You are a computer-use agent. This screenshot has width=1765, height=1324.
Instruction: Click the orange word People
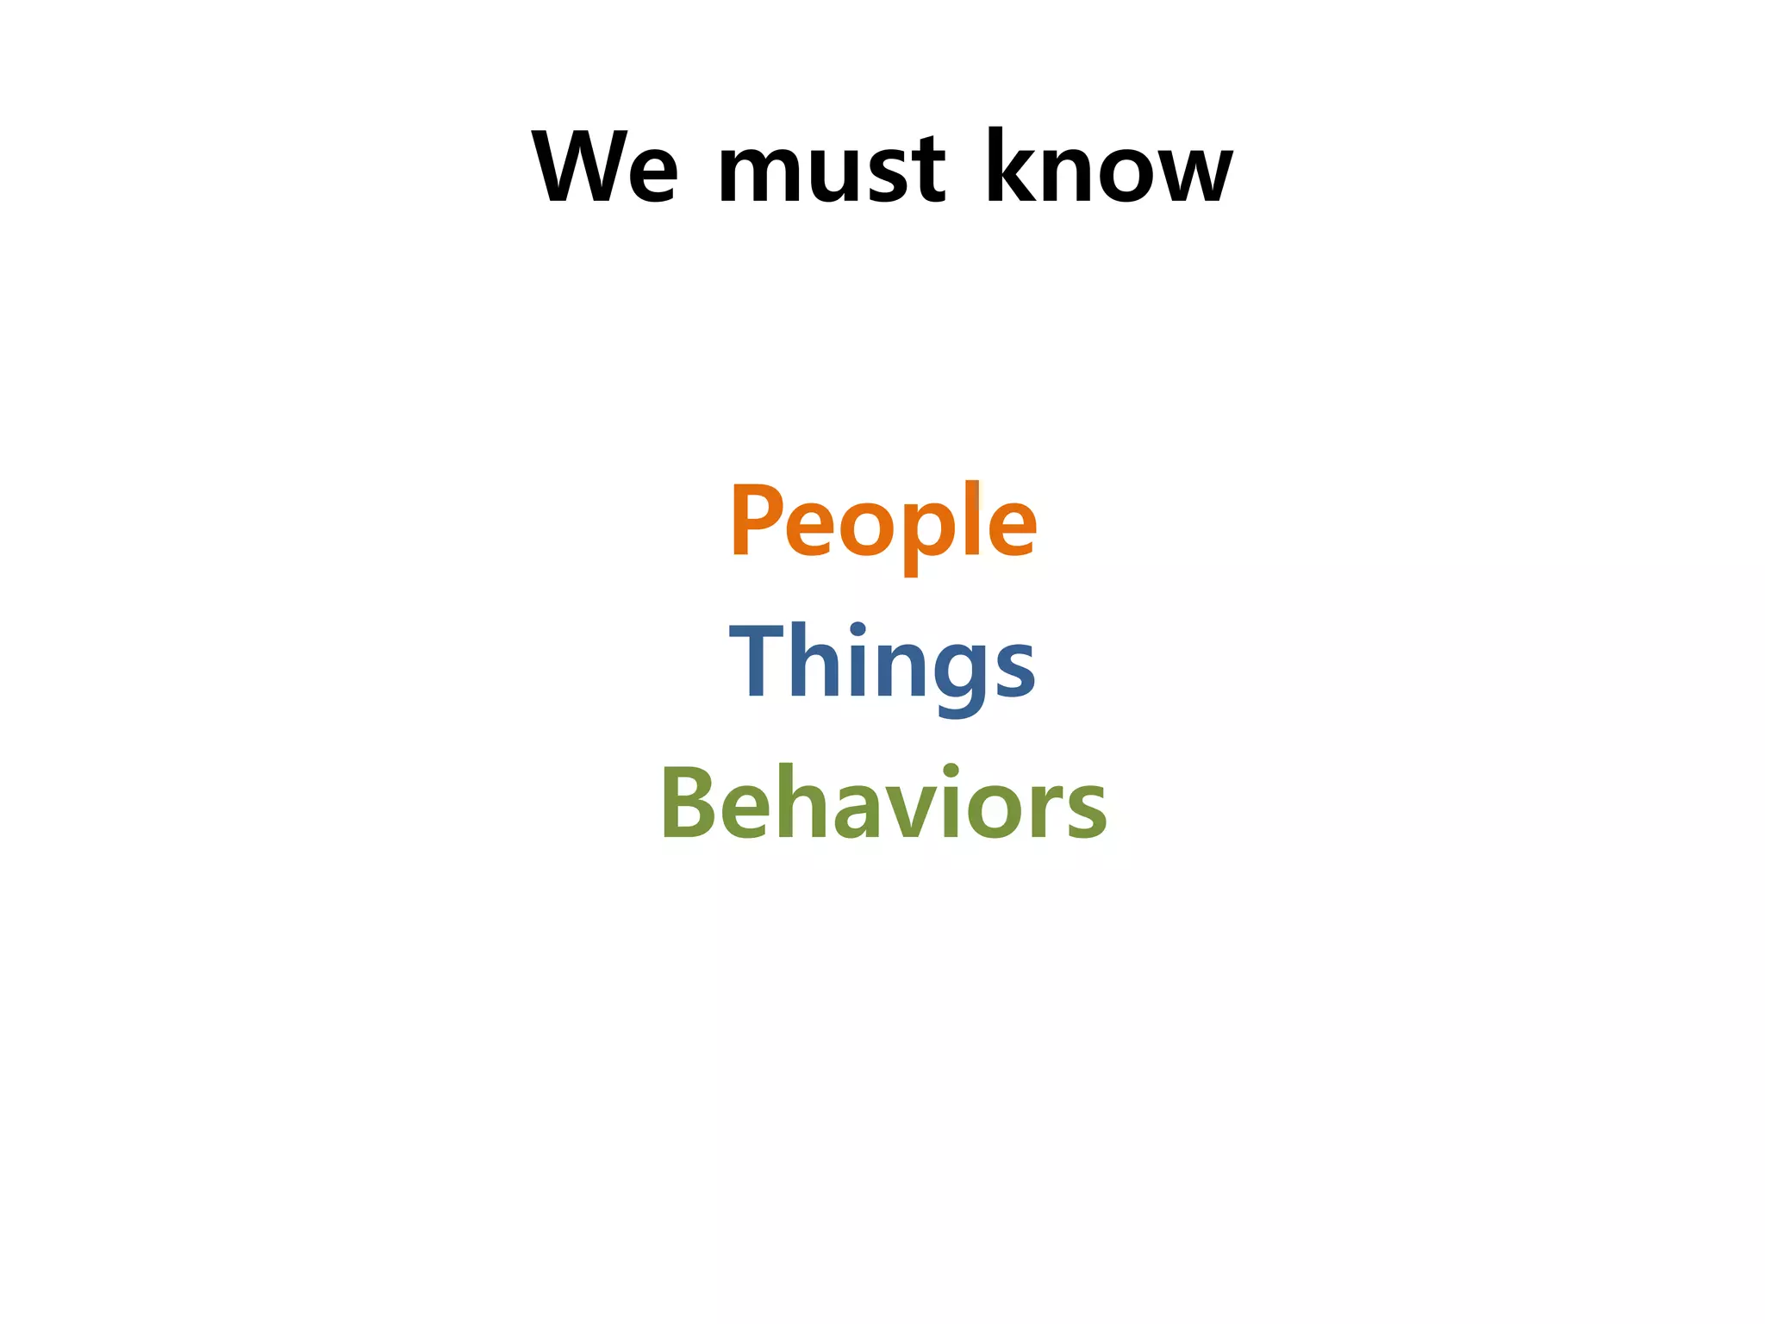coord(883,521)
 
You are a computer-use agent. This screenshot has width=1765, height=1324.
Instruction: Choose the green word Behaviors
coord(883,803)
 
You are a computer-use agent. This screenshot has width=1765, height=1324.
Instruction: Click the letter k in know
coord(1008,166)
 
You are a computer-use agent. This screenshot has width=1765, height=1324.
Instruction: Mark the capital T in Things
coord(755,660)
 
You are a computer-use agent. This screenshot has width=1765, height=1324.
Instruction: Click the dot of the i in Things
coord(858,628)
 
